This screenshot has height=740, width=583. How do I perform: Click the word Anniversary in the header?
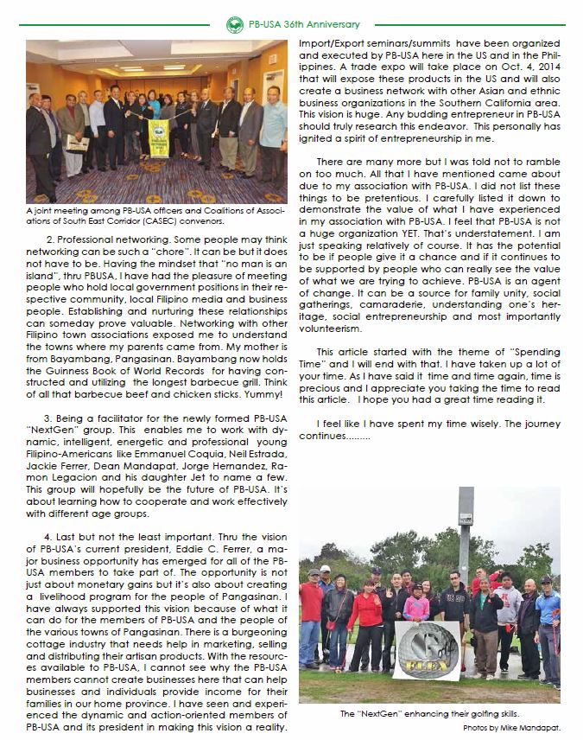point(326,25)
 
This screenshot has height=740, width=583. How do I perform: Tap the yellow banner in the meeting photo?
point(159,138)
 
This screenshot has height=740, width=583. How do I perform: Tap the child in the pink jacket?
point(415,605)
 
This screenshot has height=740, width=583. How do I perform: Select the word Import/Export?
point(332,42)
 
